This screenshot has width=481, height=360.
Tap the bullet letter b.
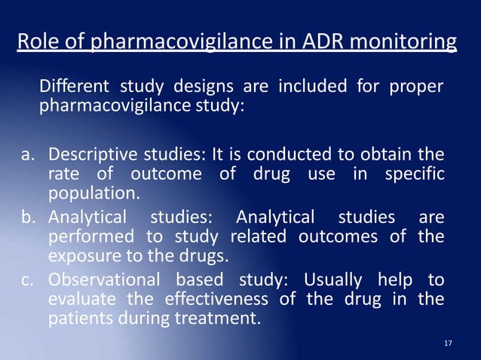[28, 218]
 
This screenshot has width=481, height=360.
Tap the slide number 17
[449, 343]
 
